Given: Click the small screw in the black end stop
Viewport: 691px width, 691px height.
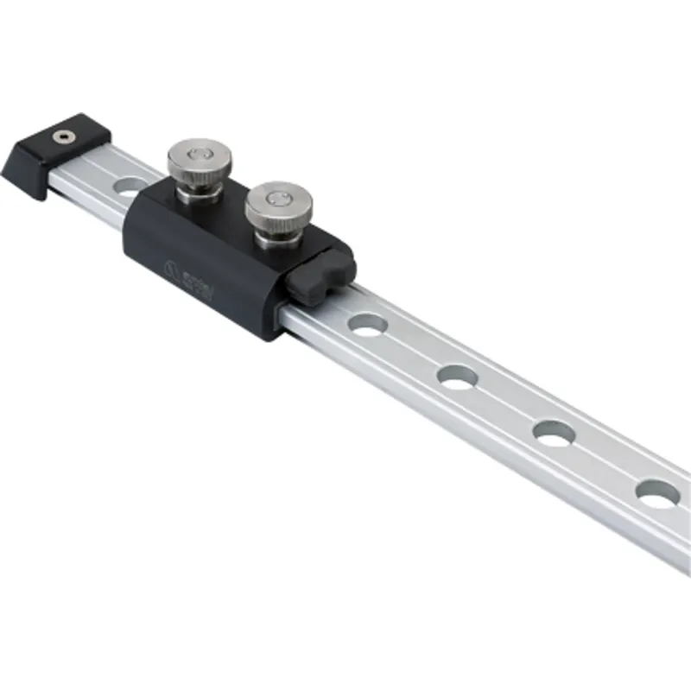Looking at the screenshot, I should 62,136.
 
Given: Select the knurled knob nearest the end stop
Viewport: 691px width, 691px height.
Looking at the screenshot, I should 199,161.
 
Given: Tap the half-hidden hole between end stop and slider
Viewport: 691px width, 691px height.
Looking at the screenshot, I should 130,183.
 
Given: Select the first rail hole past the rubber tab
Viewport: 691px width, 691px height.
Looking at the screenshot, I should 368,325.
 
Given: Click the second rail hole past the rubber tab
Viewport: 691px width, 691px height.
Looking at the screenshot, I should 459,377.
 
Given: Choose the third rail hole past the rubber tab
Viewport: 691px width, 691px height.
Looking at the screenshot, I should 555,432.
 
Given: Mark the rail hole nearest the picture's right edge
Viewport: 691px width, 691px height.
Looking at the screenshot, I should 657,492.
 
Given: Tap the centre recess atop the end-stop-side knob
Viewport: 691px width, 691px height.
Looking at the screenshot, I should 200,152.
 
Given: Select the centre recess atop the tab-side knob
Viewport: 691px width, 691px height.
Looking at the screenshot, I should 278,198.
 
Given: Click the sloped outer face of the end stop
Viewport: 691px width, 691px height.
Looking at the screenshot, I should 24,173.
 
